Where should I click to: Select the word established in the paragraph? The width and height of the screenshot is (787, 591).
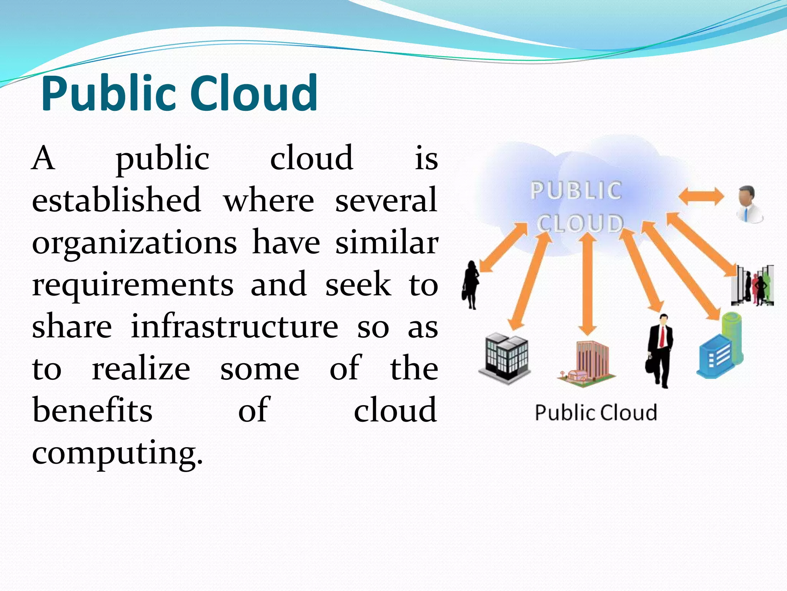(x=116, y=200)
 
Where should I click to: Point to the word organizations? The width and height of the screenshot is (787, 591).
(x=134, y=244)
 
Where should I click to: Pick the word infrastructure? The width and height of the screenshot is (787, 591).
(x=234, y=327)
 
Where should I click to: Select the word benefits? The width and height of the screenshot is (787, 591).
(x=92, y=410)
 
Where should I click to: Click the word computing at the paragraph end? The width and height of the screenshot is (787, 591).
(x=117, y=452)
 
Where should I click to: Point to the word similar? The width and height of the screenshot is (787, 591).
(x=386, y=243)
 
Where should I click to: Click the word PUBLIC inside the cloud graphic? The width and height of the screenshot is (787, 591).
(x=576, y=190)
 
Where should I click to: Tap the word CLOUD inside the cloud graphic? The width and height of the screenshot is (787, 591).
(x=580, y=223)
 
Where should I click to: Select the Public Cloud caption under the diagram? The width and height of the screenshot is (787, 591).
(x=596, y=412)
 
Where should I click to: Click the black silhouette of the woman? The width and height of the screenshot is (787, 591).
(x=471, y=285)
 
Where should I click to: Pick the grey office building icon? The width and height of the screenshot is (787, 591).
(x=505, y=358)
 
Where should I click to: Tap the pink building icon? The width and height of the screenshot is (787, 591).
(x=587, y=364)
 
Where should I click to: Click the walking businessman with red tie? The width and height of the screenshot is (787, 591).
(x=659, y=350)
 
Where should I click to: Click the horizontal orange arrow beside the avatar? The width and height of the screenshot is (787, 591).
(x=701, y=197)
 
